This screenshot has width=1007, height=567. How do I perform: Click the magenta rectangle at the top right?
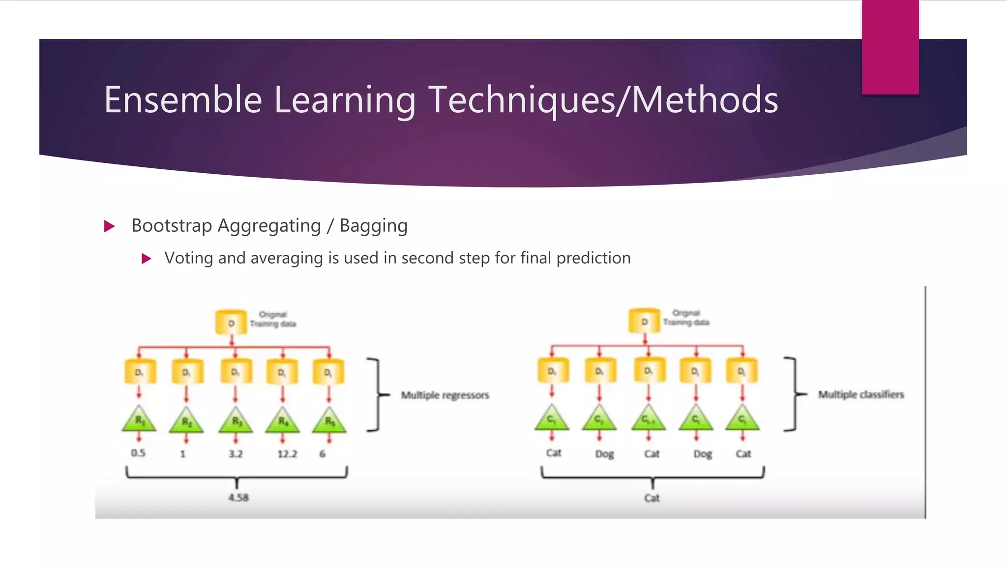point(890,47)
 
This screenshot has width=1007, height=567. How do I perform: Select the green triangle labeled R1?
point(139,420)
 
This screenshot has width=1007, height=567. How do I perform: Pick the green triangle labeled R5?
point(329,420)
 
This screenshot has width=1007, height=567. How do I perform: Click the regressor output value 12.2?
point(287,453)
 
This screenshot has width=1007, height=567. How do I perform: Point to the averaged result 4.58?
point(238,498)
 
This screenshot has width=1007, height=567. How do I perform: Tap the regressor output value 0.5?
point(138,453)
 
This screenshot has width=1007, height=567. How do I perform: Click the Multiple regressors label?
point(444,395)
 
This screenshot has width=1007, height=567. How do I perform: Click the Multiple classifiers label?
point(860,395)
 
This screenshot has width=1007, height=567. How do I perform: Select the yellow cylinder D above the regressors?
point(231,323)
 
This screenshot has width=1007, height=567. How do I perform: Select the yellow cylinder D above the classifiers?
point(644,321)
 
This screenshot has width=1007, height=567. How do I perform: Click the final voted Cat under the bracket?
point(652,498)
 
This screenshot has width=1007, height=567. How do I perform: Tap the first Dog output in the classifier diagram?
point(604,454)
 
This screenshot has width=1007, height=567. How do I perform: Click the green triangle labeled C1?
point(552,419)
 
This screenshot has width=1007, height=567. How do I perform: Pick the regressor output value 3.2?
point(236,453)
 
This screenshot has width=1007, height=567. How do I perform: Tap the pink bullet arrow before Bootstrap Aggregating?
point(110,226)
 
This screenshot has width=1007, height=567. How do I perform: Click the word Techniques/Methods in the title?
point(603,100)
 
